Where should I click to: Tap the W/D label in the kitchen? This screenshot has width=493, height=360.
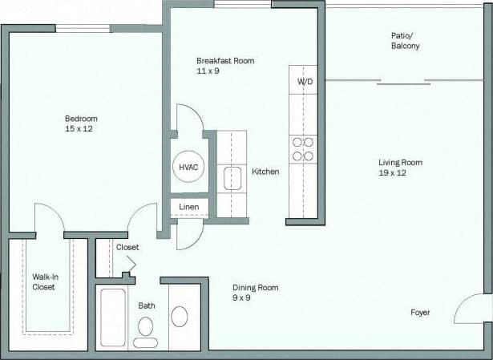coord(304,82)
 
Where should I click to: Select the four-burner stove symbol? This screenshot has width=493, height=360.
coord(303,149)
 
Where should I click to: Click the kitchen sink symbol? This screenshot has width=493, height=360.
coord(232,179)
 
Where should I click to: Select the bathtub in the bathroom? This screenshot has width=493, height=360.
coord(112,318)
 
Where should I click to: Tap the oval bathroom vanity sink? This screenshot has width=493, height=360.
coord(180,317)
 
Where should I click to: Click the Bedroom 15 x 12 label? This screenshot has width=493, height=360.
coord(81,123)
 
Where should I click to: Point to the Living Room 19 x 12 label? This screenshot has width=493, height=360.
coord(400,168)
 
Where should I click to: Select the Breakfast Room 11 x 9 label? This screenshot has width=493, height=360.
coord(225,66)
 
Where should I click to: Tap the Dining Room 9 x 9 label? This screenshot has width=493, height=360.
coord(255,293)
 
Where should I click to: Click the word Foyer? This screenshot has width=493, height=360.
coord(420,312)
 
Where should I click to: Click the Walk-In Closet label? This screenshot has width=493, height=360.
coord(44,281)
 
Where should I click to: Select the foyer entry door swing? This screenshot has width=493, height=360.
coord(472,309)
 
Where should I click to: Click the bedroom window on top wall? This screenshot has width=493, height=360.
coord(83,29)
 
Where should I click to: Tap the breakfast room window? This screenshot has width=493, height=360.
coord(242,4)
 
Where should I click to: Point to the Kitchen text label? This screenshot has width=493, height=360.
coord(265,172)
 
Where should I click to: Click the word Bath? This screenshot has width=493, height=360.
coord(147,305)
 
